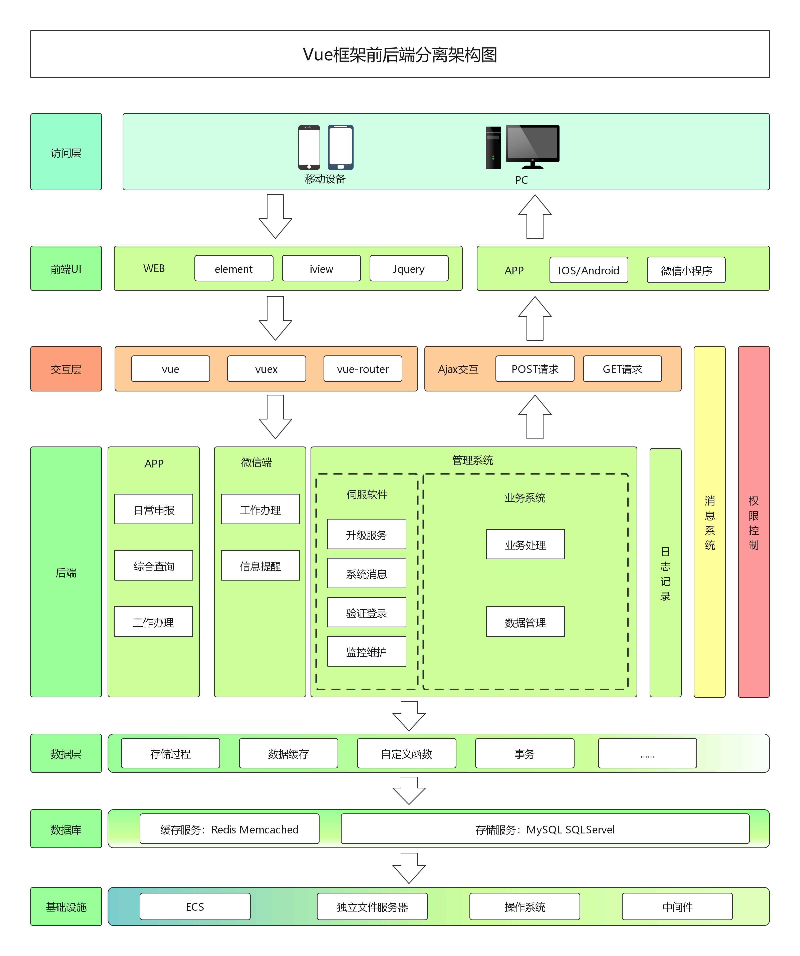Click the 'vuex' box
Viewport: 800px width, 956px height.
[x=266, y=369]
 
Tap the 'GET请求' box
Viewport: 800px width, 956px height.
[x=622, y=369]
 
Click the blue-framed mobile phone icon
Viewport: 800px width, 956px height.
[x=341, y=147]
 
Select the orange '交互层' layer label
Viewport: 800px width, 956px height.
[x=66, y=369]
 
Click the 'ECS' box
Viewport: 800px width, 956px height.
[x=195, y=906]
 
